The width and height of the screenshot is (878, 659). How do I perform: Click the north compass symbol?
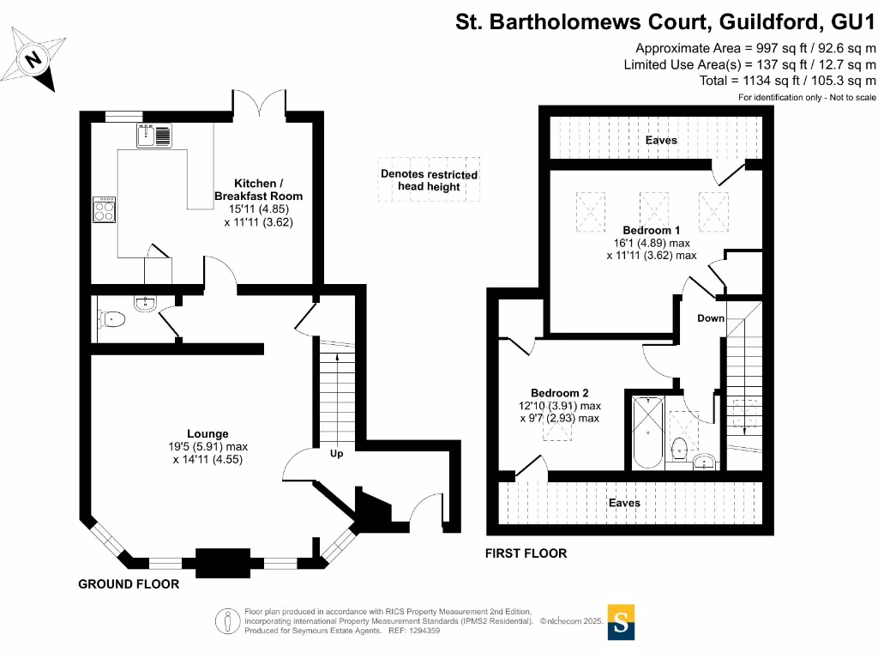click(x=34, y=58)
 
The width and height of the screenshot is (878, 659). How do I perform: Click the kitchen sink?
click(x=153, y=135)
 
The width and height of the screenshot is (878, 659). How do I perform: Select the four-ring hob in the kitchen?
click(x=105, y=209)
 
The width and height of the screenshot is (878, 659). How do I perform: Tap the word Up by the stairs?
click(x=336, y=453)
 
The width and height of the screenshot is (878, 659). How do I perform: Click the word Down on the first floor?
click(x=711, y=318)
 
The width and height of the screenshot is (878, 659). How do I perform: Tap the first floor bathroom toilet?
click(x=680, y=448)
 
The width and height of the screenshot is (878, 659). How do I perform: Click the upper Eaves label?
click(x=661, y=140)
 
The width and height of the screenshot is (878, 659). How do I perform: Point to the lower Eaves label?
click(x=624, y=503)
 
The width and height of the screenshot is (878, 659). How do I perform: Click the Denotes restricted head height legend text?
click(x=430, y=180)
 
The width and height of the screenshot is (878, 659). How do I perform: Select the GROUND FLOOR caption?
click(x=129, y=584)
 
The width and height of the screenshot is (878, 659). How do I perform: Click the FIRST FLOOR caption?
click(x=526, y=553)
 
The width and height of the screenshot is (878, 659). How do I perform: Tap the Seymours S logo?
click(x=622, y=621)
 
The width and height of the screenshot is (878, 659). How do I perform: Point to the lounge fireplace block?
click(x=223, y=563)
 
